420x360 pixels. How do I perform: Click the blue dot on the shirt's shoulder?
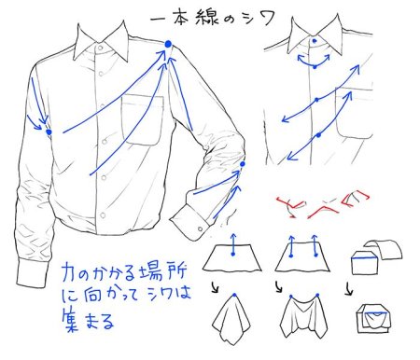pos(168,44)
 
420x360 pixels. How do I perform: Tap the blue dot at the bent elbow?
pos(243,164)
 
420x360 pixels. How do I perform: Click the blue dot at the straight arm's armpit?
pos(49,132)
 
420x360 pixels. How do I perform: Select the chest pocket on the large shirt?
pos(143,120)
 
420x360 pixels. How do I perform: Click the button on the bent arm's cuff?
pos(201,229)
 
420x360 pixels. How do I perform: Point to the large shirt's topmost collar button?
pos(100,48)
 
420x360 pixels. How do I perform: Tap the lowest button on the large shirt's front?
pos(103,215)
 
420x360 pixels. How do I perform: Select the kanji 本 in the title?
pos(179,19)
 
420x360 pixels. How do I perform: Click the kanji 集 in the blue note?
pos(71,320)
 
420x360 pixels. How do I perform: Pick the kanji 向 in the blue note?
pos(92,296)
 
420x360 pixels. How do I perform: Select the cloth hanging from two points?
pos(304,316)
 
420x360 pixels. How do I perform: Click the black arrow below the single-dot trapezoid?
pos(214,287)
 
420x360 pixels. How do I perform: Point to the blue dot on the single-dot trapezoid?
pos(232,254)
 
